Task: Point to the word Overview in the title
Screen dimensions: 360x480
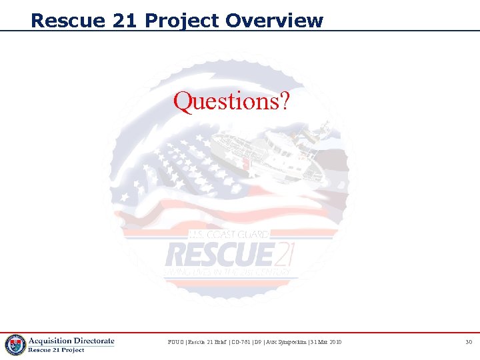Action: coord(274,21)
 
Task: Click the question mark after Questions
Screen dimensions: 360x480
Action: coord(284,102)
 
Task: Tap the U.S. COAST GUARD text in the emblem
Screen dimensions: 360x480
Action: coord(229,235)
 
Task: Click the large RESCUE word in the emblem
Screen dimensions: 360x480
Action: coord(219,254)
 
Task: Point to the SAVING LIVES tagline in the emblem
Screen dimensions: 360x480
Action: coord(227,273)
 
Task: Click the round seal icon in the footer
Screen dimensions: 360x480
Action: coord(15,345)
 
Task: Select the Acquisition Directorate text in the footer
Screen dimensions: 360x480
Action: coord(71,341)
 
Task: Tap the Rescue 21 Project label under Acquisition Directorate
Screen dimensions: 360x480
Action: coord(56,350)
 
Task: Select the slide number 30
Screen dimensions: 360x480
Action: coord(468,342)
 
